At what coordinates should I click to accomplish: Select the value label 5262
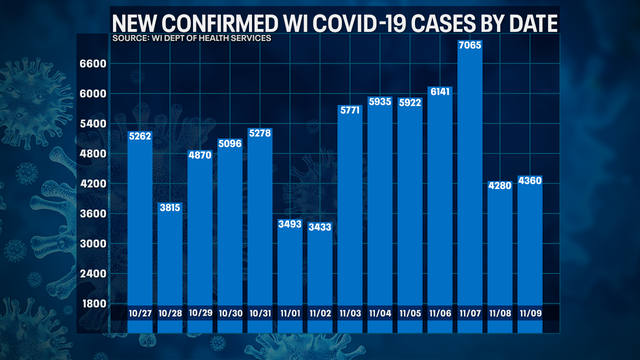(x=140, y=137)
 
